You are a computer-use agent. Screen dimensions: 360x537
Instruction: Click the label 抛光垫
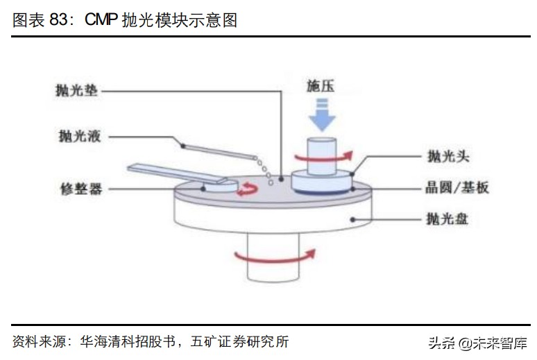78,91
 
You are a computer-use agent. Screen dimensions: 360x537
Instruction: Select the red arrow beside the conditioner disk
246,188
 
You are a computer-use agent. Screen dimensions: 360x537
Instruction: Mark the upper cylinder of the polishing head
321,151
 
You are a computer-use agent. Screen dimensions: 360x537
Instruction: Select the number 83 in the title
58,20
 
